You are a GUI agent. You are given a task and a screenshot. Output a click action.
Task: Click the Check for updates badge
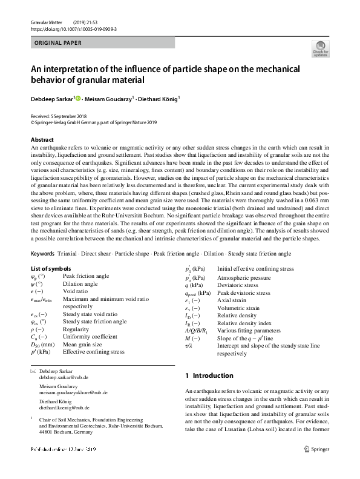pyautogui.click(x=319, y=49)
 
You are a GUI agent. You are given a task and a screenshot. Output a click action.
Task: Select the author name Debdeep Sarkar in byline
pyautogui.click(x=52, y=97)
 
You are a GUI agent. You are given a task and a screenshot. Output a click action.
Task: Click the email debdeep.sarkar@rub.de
pyautogui.click(x=64, y=377)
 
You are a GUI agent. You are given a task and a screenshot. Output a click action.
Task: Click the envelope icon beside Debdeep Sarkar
pyautogui.click(x=33, y=370)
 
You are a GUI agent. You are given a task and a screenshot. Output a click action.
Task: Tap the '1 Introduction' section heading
pyautogui.click(x=209, y=375)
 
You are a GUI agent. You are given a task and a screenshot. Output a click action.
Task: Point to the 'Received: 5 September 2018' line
pyautogui.click(x=61, y=116)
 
